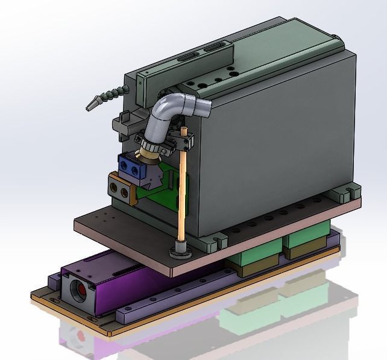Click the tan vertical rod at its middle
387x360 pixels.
tap(180, 193)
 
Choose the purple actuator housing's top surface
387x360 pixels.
tap(109, 268)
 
